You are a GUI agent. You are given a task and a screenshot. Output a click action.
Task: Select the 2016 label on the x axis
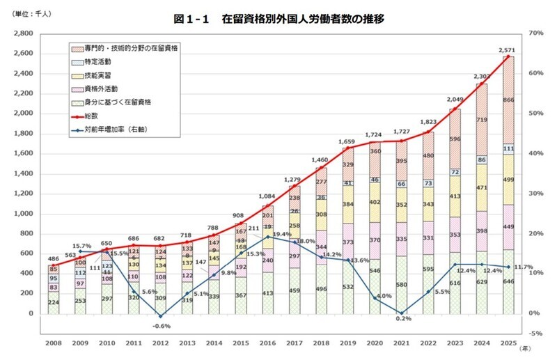269,343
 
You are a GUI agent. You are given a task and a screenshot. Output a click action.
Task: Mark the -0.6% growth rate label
162,326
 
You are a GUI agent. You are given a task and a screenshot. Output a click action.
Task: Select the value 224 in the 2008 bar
54,302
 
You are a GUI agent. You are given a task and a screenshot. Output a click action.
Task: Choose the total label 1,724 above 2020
373,134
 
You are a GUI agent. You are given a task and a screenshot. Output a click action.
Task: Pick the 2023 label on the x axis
455,343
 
